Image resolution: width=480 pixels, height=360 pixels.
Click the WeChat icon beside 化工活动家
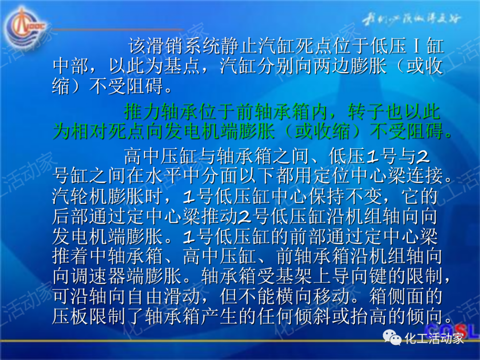coord(393,339)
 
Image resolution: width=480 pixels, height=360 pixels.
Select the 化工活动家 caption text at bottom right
coord(434,339)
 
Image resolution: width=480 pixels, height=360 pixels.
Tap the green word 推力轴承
coord(160,112)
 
